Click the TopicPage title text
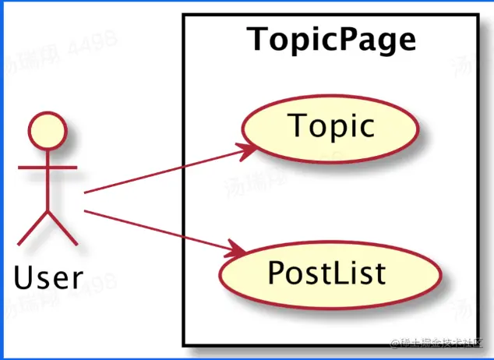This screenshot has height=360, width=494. tap(331, 40)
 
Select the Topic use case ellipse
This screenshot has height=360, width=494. tap(331, 125)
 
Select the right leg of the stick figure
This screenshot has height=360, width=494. tap(62, 226)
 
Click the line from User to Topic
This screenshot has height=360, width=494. tap(164, 170)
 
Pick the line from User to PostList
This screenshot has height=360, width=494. tap(156, 231)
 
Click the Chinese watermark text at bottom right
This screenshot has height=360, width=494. tap(440, 344)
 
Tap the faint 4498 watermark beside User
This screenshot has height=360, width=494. tap(97, 278)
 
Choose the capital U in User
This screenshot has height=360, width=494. tap(23, 276)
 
